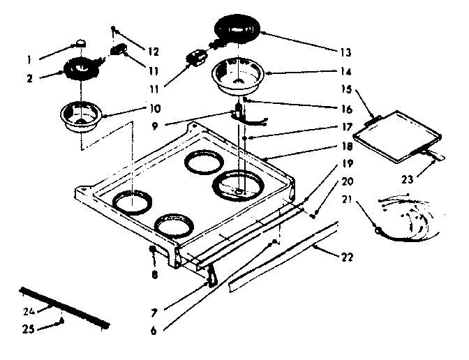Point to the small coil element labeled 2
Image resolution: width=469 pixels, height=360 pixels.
[82, 70]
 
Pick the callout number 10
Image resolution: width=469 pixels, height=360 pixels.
[155, 110]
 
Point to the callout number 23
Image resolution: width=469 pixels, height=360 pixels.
[406, 180]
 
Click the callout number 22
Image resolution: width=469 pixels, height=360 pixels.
[347, 257]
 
